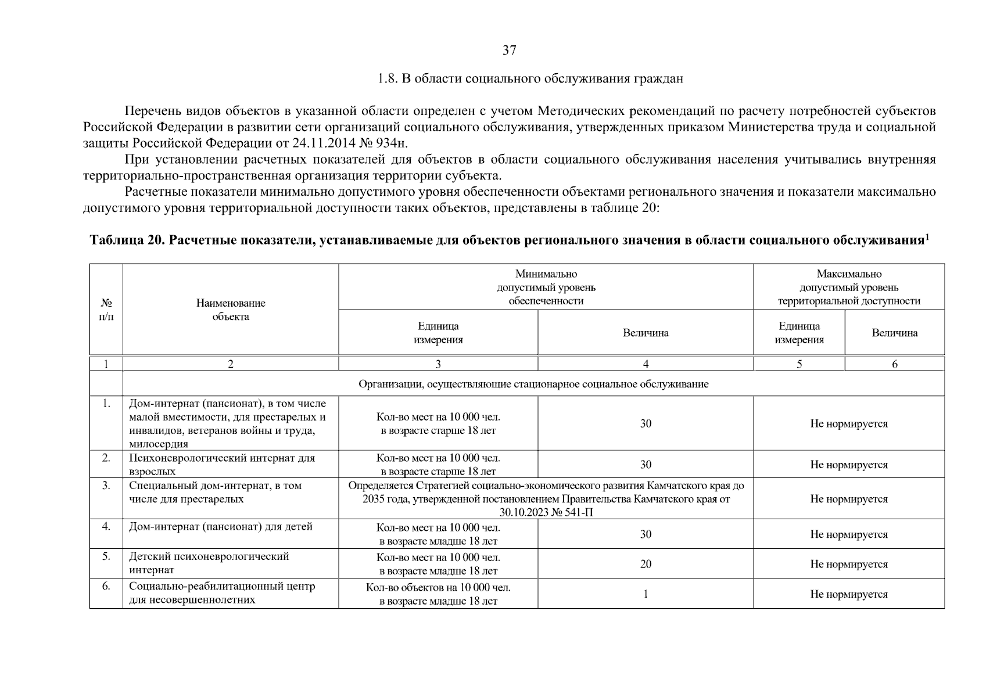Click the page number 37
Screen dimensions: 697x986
[509, 51]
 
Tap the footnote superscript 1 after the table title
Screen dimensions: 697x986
[927, 236]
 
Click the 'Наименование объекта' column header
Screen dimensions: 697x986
[231, 310]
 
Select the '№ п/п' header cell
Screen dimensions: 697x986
[106, 310]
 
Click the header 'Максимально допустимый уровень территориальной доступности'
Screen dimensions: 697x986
[849, 287]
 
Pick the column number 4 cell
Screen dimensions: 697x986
[646, 364]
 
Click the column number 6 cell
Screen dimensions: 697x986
[894, 364]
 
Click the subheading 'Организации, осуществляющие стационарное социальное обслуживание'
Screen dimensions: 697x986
[533, 384]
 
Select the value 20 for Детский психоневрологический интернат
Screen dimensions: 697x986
[646, 564]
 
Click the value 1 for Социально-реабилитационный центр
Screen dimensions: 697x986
[646, 594]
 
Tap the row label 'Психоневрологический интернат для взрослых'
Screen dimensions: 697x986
[222, 465]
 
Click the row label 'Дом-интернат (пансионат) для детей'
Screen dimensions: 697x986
[221, 527]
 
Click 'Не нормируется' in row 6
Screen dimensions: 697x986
[849, 594]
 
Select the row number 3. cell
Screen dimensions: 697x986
[106, 486]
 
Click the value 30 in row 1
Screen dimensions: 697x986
[646, 423]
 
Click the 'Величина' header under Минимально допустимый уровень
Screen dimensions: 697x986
[646, 333]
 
